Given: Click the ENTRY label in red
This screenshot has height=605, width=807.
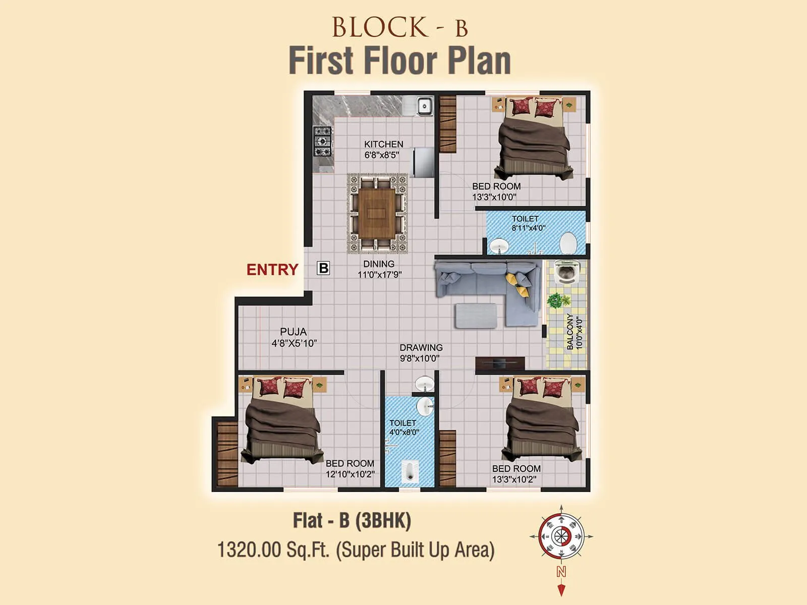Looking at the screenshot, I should pos(272,270).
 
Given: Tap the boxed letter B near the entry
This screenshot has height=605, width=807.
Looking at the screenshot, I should pos(323,268).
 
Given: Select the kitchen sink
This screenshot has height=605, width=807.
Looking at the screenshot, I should pos(424,106).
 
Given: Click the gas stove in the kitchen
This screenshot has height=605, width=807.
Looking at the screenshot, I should pos(322,141).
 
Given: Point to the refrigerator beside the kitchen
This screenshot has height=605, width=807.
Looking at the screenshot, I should pos(423,162).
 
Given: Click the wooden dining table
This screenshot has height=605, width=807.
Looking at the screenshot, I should pos(377,213).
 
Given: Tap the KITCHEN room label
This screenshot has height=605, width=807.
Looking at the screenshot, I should pos(383,144).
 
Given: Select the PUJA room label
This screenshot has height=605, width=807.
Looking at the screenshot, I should pos(293,332).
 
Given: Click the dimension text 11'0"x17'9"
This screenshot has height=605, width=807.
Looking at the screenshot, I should pos(379,275).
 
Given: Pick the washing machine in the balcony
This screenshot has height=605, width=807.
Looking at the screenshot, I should pos(565,273).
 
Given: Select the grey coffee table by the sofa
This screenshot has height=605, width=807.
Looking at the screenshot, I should pos(476,316).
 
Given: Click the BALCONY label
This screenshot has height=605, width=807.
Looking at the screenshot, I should pos(570,331).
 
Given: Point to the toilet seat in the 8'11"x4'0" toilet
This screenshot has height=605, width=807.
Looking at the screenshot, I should pos(568,243).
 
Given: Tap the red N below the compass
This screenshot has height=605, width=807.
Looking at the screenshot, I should pos(561,572).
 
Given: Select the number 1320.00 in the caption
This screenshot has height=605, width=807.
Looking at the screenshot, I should pos(249,550).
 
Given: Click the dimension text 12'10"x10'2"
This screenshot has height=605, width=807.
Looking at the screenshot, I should pos(350,474).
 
